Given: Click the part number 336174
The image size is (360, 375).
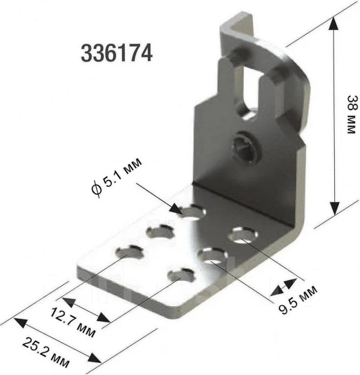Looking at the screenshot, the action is [117, 53].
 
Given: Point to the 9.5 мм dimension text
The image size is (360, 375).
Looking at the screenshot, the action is [298, 299].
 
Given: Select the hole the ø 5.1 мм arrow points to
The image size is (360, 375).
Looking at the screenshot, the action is [193, 212].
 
